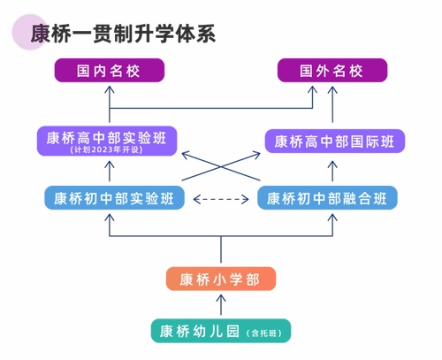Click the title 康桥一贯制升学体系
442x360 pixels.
click(x=124, y=34)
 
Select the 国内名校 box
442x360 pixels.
click(x=110, y=71)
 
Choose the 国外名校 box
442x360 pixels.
click(x=332, y=71)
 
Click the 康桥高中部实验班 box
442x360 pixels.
click(x=108, y=140)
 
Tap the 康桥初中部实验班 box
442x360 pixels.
click(x=113, y=197)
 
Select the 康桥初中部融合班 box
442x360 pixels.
click(x=328, y=197)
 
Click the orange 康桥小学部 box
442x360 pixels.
click(x=220, y=280)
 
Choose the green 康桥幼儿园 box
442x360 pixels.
click(x=220, y=331)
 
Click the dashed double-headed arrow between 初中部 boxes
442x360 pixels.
click(x=221, y=198)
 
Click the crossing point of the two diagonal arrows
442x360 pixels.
click(x=220, y=165)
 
